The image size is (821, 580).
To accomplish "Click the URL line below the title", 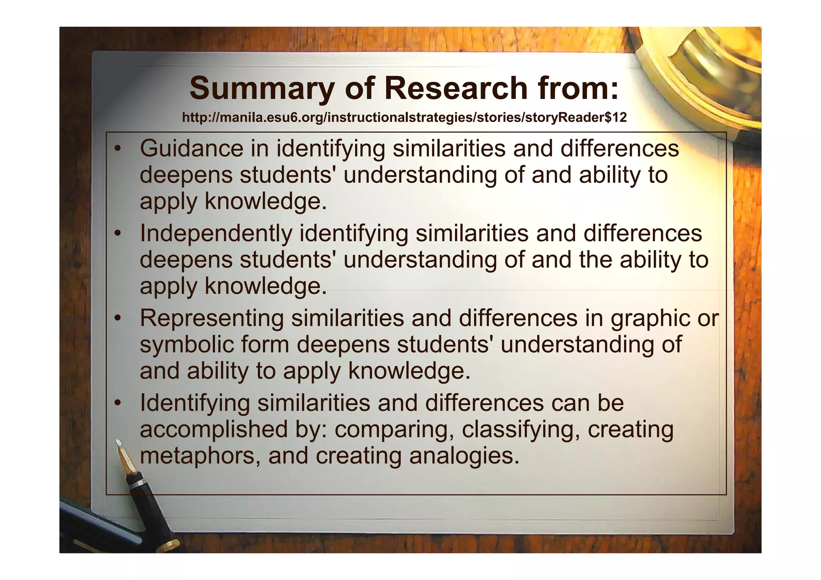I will [x=404, y=118].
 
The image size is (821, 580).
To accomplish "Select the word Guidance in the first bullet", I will [x=191, y=148].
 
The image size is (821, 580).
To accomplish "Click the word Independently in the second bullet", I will [x=216, y=234].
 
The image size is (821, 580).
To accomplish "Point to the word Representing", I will [x=212, y=318].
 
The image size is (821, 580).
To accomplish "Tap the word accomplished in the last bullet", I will [x=213, y=429].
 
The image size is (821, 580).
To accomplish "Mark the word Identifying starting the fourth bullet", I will [x=194, y=403].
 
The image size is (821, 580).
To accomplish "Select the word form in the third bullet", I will [x=266, y=345].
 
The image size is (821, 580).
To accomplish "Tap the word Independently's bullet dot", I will [x=117, y=234].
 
